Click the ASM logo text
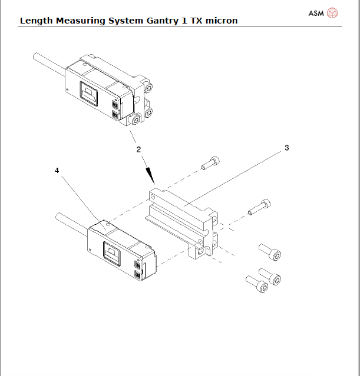(316, 12)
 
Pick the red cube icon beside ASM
(333, 12)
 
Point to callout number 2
(138, 149)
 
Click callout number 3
(287, 148)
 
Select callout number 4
(57, 170)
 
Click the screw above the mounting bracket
(211, 163)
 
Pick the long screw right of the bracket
(259, 207)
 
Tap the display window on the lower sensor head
(111, 252)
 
